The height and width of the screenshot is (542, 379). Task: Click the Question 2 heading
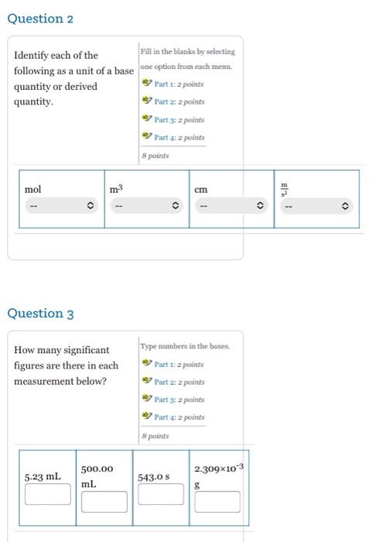[40, 19]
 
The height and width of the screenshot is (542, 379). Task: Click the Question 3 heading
[40, 314]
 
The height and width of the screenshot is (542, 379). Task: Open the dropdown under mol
[61, 207]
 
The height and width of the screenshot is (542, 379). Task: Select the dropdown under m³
[146, 207]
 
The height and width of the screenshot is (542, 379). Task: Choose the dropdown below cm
[231, 207]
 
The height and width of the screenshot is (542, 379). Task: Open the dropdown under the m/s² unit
[316, 207]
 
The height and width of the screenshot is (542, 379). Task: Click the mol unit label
[33, 190]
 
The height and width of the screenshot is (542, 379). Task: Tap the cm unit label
[201, 190]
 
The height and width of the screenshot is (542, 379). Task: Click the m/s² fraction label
[284, 189]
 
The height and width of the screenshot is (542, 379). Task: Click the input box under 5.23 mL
[47, 494]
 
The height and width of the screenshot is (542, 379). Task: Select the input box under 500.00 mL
[104, 502]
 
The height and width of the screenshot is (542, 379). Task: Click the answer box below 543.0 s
[161, 494]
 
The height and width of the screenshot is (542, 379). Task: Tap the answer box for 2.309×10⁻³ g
[217, 502]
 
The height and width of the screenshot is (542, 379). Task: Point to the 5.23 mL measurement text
[43, 477]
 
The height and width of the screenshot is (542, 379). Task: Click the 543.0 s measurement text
[154, 477]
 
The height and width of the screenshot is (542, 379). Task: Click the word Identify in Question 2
[35, 56]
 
